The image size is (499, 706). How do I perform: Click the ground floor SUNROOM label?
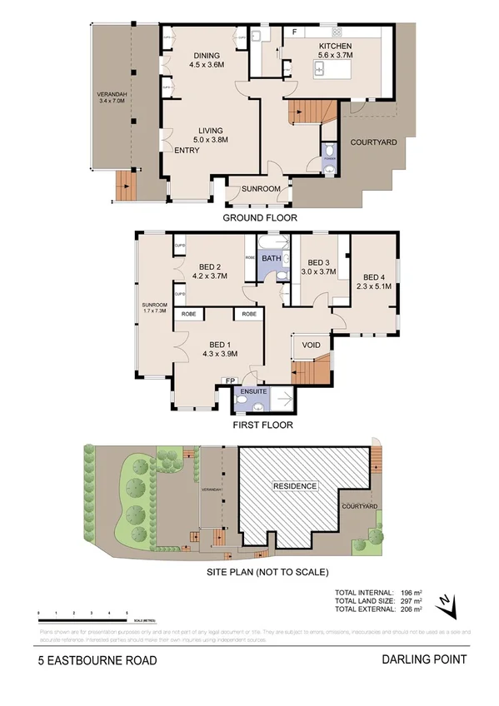(x=261, y=189)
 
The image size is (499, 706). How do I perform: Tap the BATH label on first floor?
(x=272, y=259)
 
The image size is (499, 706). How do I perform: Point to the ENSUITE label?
(x=253, y=390)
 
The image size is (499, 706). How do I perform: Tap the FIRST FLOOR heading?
(x=261, y=424)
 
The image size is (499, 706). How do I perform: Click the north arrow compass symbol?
(x=450, y=606)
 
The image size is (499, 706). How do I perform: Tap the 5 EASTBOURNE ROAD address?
(x=97, y=660)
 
